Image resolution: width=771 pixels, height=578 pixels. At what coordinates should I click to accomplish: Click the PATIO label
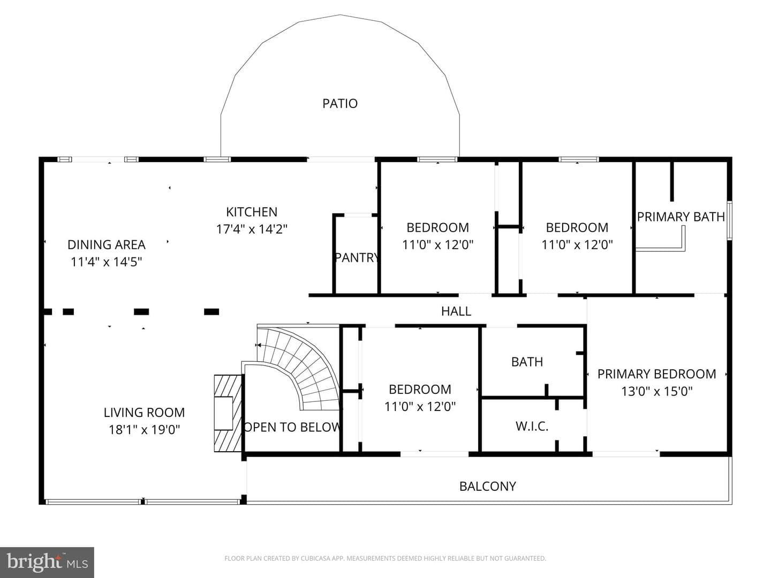(340, 103)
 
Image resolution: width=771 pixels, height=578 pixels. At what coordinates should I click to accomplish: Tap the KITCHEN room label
(252, 212)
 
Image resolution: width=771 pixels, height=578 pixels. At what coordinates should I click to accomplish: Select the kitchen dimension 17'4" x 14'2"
(252, 229)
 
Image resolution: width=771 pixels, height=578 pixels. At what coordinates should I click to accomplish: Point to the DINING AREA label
(107, 245)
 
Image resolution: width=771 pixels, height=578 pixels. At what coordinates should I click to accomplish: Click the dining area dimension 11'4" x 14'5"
(107, 262)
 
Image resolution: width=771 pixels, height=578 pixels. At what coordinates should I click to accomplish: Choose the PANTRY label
(357, 257)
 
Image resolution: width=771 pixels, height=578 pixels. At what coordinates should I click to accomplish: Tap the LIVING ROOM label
(144, 412)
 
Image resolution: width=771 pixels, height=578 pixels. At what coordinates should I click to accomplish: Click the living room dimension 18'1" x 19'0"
(144, 430)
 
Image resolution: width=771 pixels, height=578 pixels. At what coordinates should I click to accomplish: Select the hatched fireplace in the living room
(228, 413)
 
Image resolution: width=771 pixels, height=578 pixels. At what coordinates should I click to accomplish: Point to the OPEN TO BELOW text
(292, 427)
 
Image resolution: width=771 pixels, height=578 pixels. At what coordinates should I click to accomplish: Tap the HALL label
(456, 311)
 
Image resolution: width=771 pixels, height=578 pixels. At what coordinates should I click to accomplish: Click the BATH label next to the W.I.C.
(527, 362)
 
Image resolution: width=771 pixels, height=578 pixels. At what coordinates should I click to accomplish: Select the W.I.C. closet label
(532, 427)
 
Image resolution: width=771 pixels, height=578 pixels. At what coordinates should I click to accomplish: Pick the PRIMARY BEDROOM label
(656, 374)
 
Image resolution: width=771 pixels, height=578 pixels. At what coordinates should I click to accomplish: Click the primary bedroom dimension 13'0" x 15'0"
(656, 391)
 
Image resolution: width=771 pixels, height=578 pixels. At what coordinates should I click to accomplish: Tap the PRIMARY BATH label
(681, 217)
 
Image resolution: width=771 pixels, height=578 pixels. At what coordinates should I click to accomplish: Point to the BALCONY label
(488, 486)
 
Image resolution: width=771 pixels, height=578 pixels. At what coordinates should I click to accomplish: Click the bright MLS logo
(47, 562)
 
